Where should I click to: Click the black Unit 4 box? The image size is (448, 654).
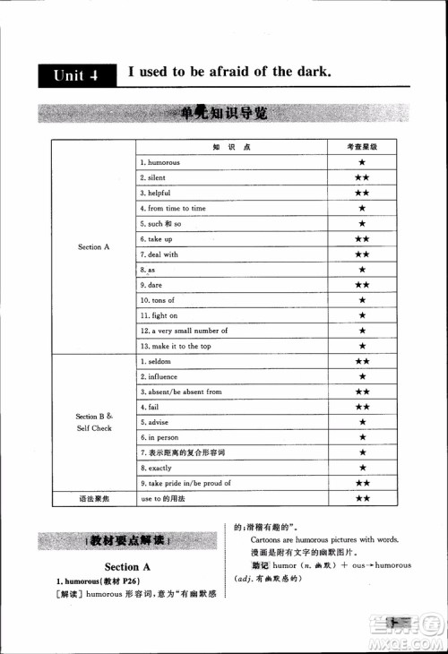(75, 75)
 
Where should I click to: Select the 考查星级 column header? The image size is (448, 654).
(362, 147)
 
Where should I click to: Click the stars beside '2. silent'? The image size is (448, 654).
(362, 177)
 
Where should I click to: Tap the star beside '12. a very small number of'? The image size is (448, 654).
(362, 331)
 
